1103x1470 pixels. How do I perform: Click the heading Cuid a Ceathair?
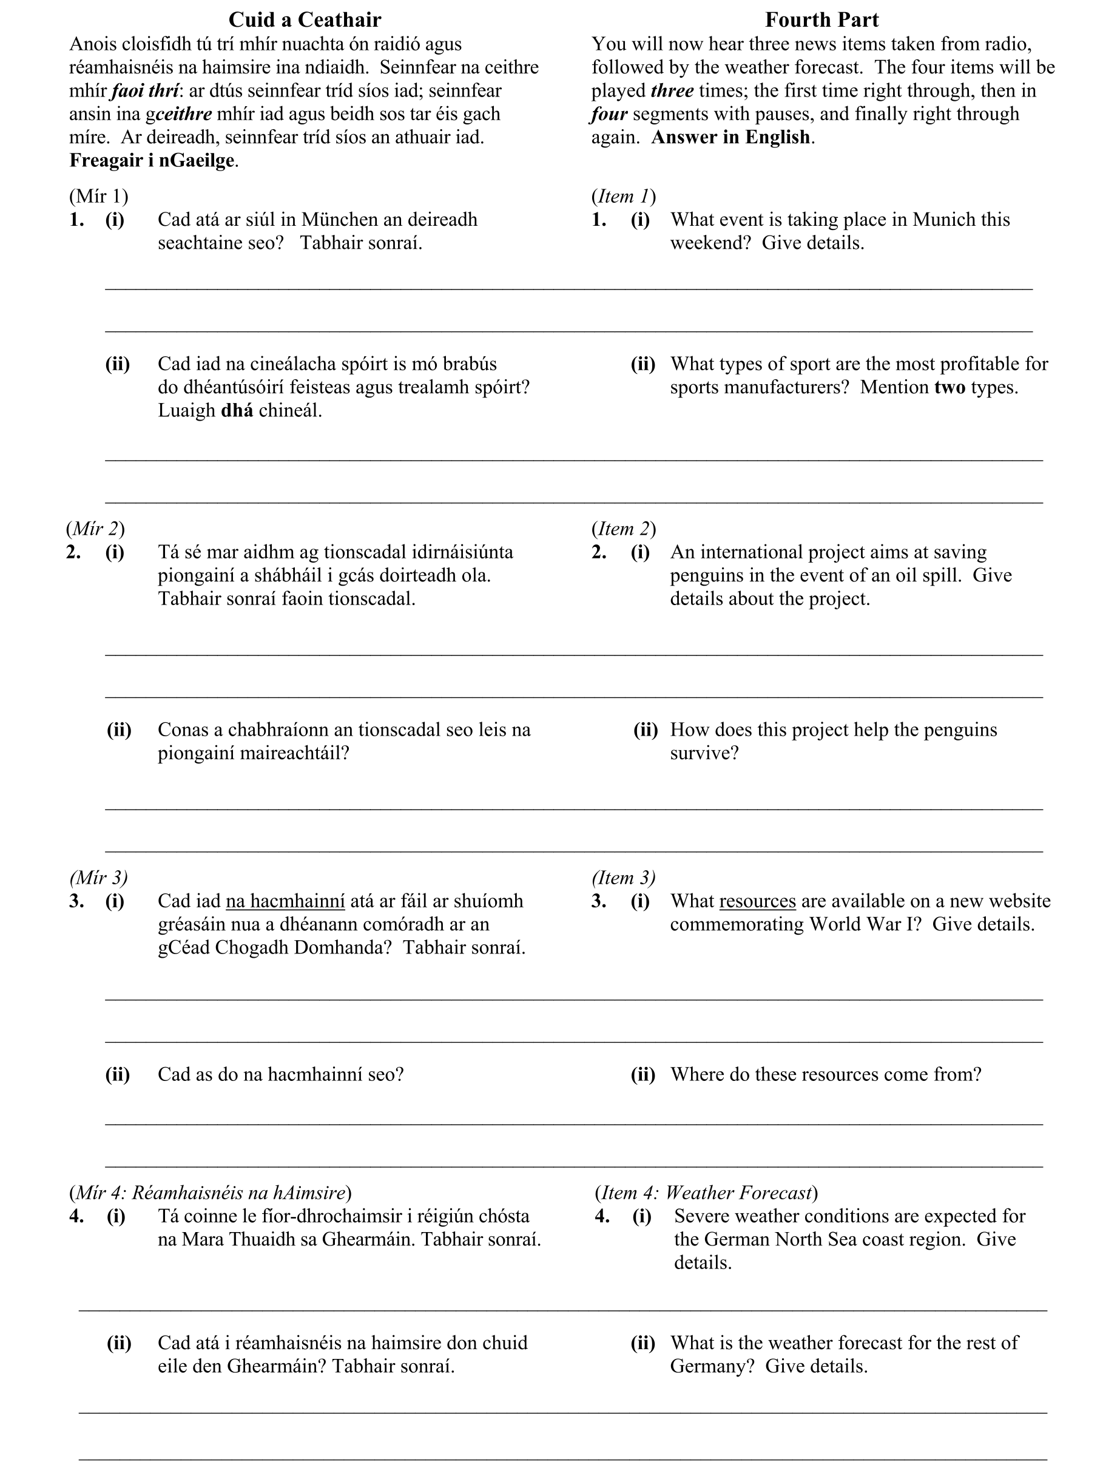305,20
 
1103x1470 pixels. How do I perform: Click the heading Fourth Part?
821,20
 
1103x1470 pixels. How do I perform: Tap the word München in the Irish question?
339,219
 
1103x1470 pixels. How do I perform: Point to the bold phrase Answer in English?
731,137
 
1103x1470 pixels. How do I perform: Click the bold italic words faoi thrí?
145,90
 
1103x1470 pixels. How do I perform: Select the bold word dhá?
237,410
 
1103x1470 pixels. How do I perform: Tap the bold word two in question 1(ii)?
950,387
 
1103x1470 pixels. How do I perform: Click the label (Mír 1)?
98,196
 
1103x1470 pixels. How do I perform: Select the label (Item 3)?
623,877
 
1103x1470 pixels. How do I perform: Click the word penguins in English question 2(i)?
706,575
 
